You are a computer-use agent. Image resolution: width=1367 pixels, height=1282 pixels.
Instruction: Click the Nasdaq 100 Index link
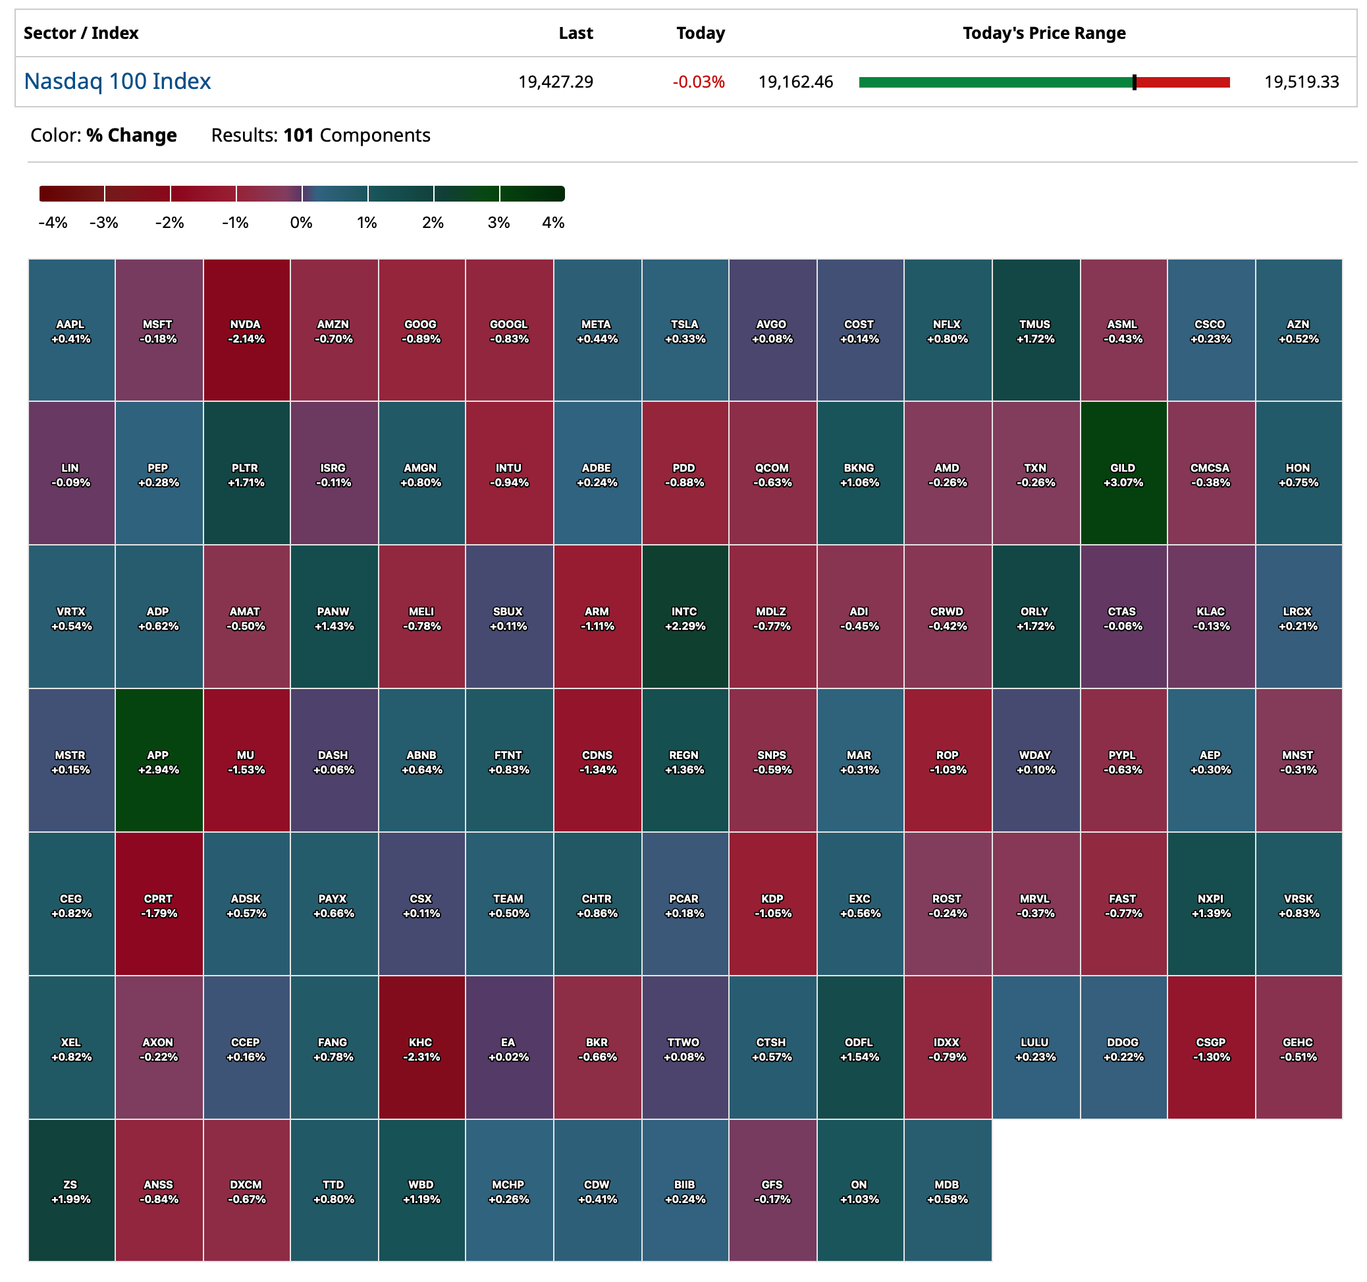tap(117, 81)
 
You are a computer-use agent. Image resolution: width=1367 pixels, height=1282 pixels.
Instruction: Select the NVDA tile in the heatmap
tap(246, 331)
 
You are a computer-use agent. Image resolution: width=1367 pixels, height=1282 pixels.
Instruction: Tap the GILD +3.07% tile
tap(1123, 474)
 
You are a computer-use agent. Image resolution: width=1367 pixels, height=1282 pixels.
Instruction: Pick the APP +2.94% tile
tap(159, 761)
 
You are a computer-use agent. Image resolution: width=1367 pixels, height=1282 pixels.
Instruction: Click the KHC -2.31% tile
tap(421, 1048)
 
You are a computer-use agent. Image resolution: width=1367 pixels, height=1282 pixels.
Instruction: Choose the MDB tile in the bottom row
tap(947, 1190)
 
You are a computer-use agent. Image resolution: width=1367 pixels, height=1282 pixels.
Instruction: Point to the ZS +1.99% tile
tap(71, 1190)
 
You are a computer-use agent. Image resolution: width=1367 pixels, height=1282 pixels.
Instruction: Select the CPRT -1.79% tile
tap(159, 905)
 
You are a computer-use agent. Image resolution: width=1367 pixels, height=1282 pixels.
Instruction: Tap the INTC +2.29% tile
tap(685, 618)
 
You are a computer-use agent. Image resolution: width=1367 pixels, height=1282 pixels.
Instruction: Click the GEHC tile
tap(1299, 1048)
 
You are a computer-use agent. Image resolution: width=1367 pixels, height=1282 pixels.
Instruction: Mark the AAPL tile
tap(71, 331)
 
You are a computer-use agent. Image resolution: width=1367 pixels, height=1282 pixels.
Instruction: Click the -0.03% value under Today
tap(698, 82)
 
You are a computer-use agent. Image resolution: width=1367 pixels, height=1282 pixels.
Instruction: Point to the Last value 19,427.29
tap(555, 82)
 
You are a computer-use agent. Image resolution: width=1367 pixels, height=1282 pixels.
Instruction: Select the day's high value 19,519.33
tap(1301, 82)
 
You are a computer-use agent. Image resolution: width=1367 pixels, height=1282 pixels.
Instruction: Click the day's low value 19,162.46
tap(795, 82)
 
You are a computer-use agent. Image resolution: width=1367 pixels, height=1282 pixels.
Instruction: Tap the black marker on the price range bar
tap(1134, 82)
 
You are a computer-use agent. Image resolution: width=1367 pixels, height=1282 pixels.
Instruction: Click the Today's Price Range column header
tap(1043, 33)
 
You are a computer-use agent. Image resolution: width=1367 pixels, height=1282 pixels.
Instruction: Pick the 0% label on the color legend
tap(301, 223)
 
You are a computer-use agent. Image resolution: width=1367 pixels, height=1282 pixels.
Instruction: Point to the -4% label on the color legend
tap(53, 223)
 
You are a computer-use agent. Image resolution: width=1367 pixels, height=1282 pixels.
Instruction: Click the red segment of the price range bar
tap(1183, 82)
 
